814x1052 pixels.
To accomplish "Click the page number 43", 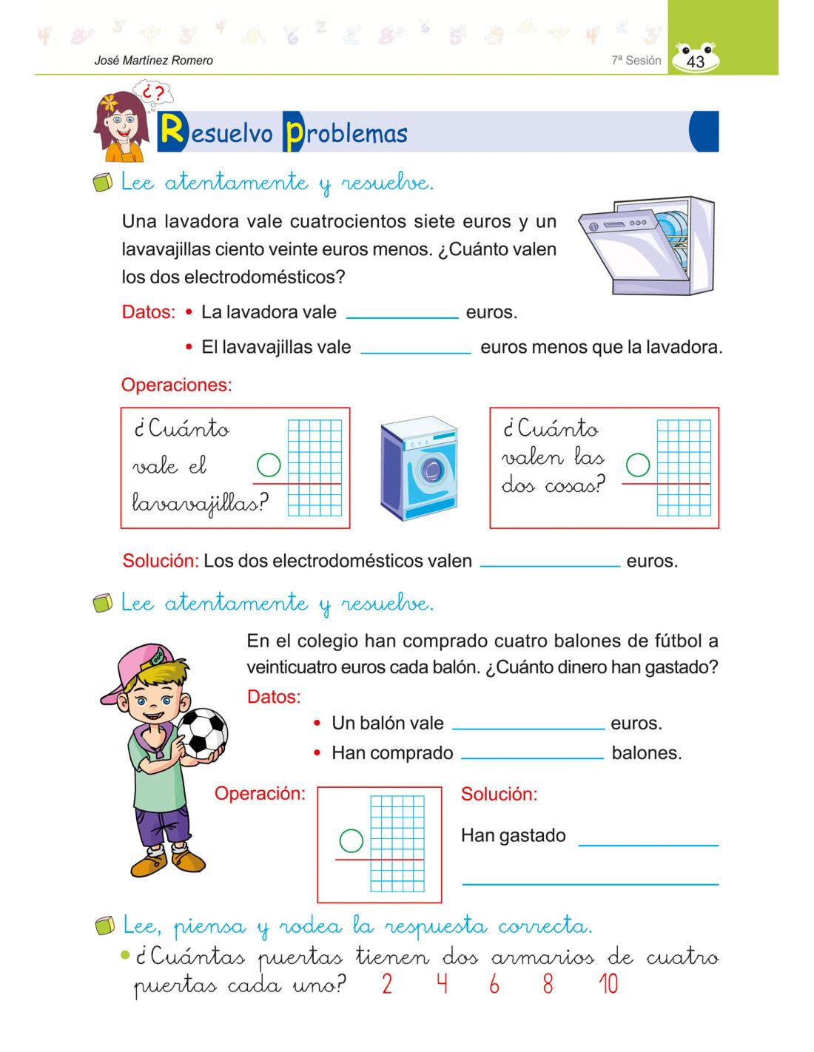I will point(696,62).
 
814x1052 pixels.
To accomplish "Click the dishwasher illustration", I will point(645,244).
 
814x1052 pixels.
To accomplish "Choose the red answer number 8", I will point(548,985).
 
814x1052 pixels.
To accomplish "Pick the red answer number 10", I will point(608,985).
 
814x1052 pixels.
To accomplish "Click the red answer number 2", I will point(387,985).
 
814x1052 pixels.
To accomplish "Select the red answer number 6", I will point(494,985).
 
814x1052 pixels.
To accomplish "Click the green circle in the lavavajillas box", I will point(269,465).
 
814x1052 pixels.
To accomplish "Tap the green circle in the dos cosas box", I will point(638,465).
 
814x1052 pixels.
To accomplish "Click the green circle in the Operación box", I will point(351,840).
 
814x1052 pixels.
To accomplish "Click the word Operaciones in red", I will point(176,385).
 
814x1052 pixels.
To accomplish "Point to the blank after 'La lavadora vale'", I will point(403,312).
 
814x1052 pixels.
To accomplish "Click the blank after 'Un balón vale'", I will point(528,724).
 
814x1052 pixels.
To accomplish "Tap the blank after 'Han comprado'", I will point(532,754).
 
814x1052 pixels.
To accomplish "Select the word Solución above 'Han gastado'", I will point(499,795).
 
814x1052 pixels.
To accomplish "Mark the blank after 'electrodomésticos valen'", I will point(549,561).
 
